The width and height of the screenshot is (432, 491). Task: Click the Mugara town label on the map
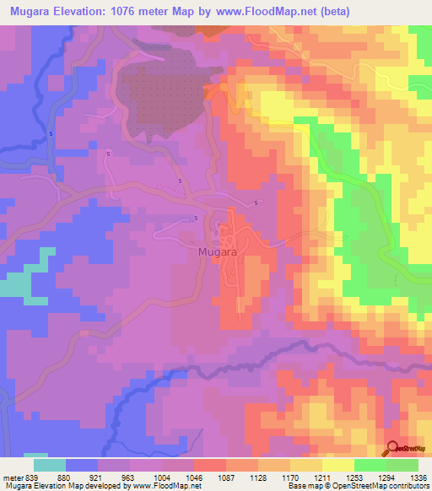pos(216,251)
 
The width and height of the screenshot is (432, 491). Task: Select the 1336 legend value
pos(419,476)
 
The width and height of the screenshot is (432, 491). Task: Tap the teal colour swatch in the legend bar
pos(50,465)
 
